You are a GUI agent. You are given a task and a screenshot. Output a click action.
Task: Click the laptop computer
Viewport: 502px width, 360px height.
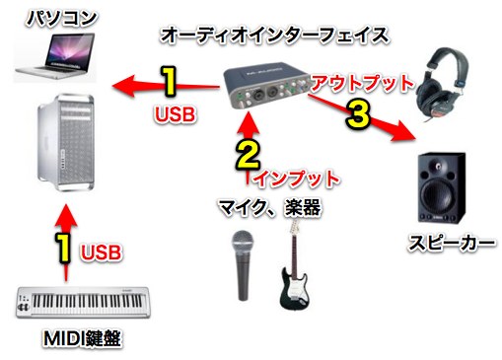tap(55, 56)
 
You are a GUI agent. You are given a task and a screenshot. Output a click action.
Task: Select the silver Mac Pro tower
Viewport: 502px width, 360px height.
tap(66, 143)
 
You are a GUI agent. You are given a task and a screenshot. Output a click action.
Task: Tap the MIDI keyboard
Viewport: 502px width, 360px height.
tap(83, 302)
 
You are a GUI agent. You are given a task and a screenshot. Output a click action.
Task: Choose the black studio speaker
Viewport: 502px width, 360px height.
tap(442, 188)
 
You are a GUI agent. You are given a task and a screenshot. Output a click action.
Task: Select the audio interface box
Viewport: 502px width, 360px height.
tap(266, 86)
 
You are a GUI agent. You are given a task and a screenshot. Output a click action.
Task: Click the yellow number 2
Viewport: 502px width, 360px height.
tap(248, 156)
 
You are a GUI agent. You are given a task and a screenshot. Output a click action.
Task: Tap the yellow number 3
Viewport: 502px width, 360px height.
tap(358, 114)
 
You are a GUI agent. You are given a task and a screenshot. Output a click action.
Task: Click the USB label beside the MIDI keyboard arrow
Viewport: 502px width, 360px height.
tap(101, 252)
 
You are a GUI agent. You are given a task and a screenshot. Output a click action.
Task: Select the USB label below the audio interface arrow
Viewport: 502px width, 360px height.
tap(176, 114)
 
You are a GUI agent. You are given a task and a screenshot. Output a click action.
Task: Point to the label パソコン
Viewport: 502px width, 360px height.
tap(61, 18)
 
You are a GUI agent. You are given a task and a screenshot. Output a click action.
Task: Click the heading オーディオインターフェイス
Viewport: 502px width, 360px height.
tap(275, 36)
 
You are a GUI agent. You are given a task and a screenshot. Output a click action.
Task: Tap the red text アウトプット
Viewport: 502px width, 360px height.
tap(362, 83)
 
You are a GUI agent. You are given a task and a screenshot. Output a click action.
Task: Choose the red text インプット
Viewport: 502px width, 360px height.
tap(297, 179)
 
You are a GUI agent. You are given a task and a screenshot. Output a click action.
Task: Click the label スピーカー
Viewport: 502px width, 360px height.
tap(452, 244)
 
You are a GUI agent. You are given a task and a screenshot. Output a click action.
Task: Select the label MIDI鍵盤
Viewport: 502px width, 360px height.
tap(82, 338)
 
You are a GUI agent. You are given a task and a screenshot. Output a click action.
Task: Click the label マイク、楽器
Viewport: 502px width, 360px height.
tap(269, 208)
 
